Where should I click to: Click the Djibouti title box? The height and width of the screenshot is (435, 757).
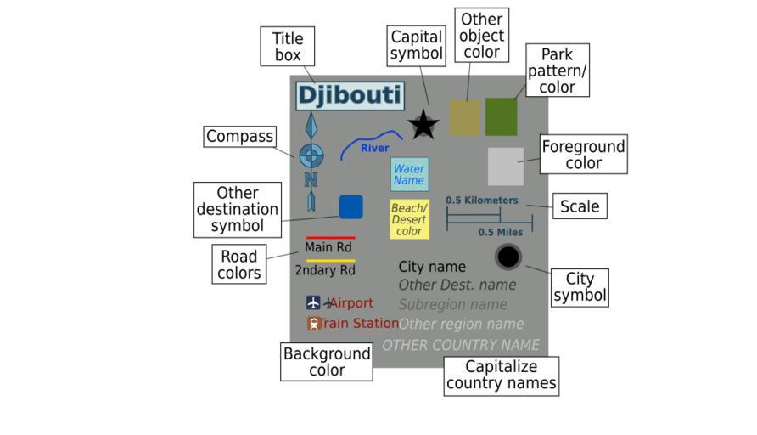[349, 95]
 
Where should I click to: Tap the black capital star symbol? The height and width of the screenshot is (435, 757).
[423, 125]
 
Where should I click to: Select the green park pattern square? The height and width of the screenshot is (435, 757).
[501, 117]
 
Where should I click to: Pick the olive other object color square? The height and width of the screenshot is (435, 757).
[464, 117]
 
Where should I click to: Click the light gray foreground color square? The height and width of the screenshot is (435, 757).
[506, 166]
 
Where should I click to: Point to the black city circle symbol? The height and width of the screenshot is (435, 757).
[507, 257]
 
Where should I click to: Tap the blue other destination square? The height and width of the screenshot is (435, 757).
[350, 207]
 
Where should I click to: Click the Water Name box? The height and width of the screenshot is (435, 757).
[409, 174]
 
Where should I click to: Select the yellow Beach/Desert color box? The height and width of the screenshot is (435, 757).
[409, 219]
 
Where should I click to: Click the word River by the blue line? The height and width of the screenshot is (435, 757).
[374, 149]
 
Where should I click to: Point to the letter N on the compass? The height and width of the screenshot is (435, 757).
[311, 179]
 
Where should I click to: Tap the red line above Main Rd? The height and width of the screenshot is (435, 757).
[330, 238]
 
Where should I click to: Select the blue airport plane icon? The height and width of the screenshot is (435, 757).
[313, 302]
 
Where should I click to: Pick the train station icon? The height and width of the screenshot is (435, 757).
[313, 323]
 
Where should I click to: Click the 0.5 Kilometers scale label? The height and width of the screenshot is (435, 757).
[481, 201]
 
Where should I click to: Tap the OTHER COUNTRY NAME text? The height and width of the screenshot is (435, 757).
[460, 345]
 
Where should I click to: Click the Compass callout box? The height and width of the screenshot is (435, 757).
[240, 137]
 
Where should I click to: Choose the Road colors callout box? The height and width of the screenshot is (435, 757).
[238, 264]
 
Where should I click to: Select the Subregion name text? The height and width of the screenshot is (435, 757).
[452, 304]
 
